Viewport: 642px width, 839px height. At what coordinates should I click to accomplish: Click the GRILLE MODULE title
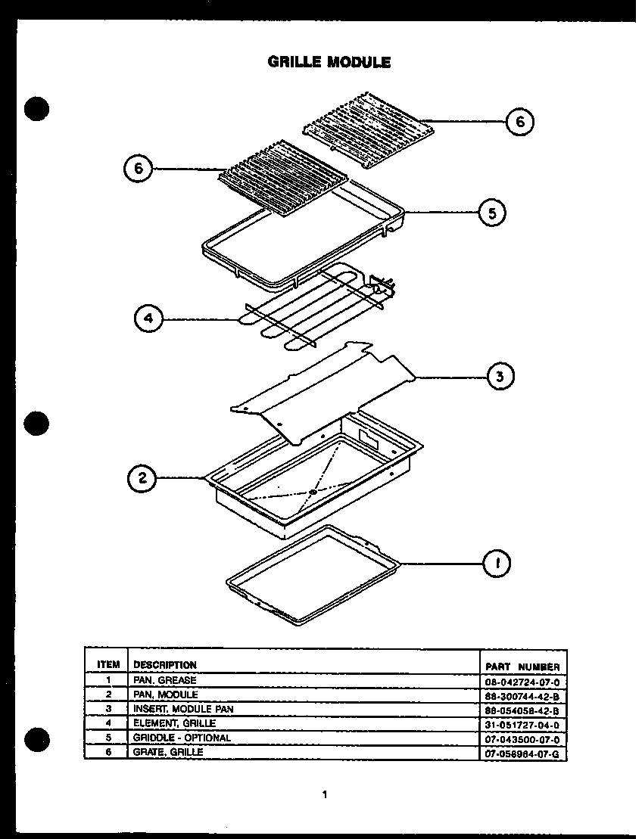click(x=329, y=63)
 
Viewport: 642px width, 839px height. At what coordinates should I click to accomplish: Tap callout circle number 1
click(x=497, y=563)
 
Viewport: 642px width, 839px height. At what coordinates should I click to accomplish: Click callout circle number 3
click(x=500, y=376)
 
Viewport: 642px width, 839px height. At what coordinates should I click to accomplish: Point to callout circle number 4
click(x=148, y=319)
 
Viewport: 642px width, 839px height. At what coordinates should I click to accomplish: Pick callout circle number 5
click(x=493, y=214)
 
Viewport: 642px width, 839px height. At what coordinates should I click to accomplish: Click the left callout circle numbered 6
click(x=138, y=169)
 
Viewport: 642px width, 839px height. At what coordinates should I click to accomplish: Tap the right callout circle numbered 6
click(x=520, y=121)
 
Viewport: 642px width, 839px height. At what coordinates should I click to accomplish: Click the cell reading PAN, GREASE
click(x=164, y=680)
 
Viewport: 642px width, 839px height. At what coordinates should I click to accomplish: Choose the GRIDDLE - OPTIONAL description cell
click(x=182, y=738)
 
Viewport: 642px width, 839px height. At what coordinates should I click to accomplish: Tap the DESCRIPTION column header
click(x=164, y=665)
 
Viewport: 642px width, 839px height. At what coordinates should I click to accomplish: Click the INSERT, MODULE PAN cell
click(x=183, y=709)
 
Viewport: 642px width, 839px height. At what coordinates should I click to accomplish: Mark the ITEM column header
click(x=108, y=665)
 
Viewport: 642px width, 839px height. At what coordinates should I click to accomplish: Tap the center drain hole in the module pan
click(x=312, y=493)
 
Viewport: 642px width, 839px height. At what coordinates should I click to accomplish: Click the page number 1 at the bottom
click(x=324, y=794)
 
